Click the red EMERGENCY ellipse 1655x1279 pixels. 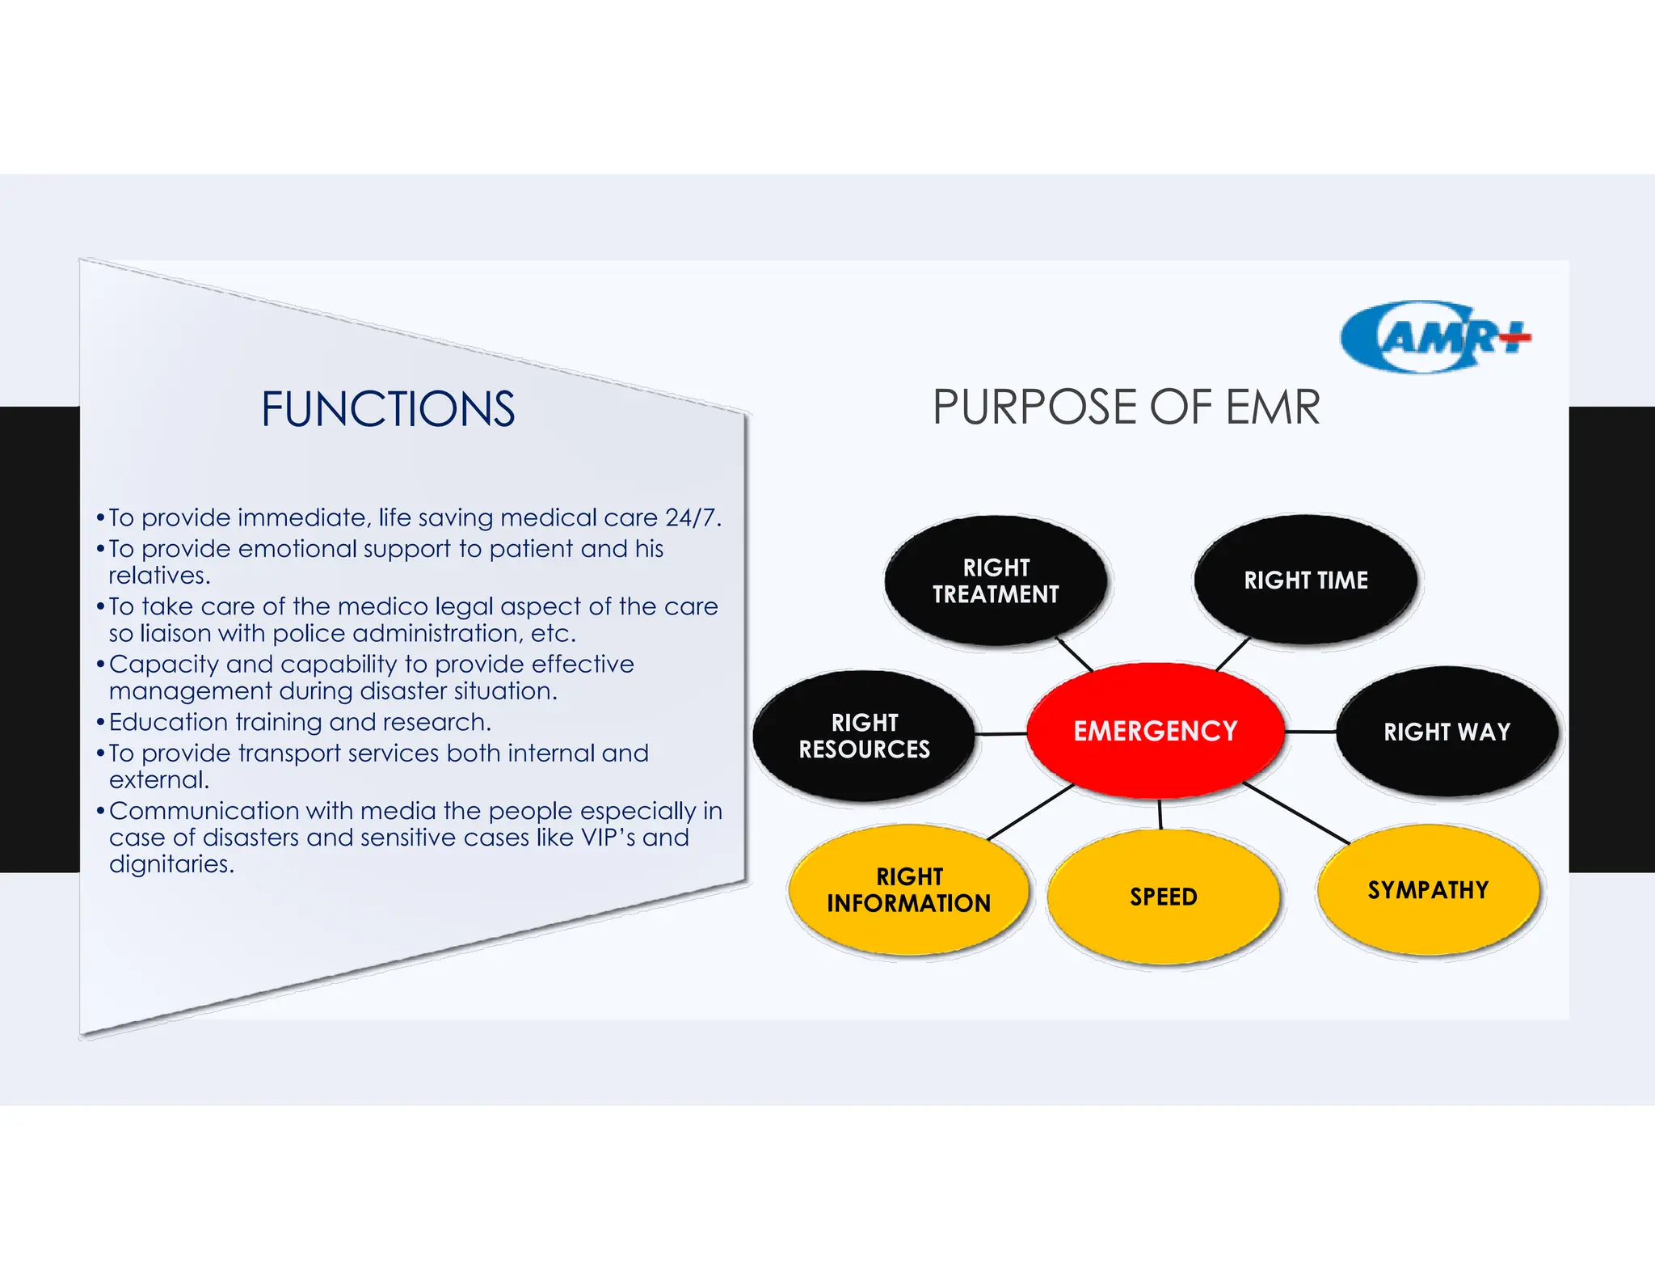click(1155, 730)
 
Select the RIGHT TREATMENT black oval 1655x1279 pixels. click(996, 580)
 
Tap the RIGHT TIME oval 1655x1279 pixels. click(1305, 580)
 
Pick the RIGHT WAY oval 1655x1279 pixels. click(1447, 732)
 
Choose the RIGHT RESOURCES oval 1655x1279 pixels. click(864, 736)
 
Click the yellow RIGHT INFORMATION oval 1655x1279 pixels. click(908, 889)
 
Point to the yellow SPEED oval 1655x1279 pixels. click(1163, 897)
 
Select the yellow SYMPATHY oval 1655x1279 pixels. click(1428, 889)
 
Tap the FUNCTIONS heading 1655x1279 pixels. click(388, 409)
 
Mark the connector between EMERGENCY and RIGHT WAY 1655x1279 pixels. click(1311, 732)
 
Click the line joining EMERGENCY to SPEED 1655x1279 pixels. click(1160, 814)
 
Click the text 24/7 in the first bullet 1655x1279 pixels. click(692, 517)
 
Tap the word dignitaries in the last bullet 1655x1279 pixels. click(171, 864)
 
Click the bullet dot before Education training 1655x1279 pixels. click(101, 722)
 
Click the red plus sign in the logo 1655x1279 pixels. click(1514, 338)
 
